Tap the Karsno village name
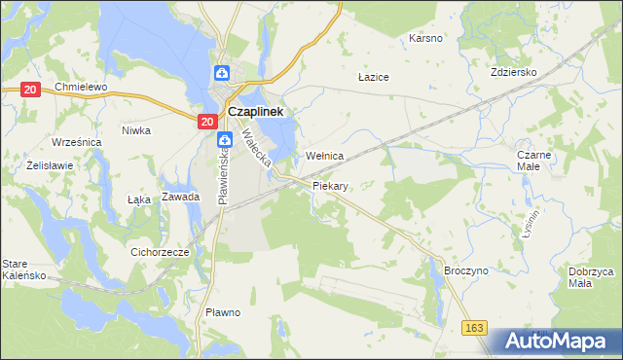coord(425,39)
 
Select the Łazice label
coord(374,76)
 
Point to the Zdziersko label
coord(541,72)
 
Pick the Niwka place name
coord(136,129)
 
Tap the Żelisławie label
coord(51,164)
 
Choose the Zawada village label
coord(181,197)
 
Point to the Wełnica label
coord(325,156)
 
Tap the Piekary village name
coord(331,185)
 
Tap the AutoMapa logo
coord(556,342)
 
